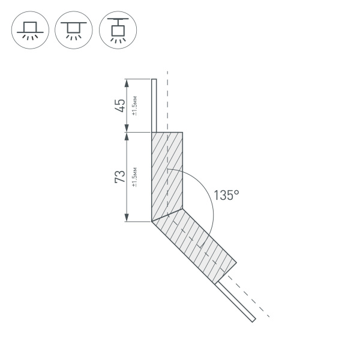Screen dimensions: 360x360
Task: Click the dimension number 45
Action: coord(120,105)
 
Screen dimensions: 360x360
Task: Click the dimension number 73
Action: coord(120,176)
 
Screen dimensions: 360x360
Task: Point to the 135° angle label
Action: coord(227,195)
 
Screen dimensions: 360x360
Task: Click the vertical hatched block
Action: coord(167,174)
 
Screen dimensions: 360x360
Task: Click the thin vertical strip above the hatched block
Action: coord(154,105)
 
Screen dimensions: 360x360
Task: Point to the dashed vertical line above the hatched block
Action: coord(167,102)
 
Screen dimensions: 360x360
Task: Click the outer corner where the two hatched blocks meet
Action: coord(151,221)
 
